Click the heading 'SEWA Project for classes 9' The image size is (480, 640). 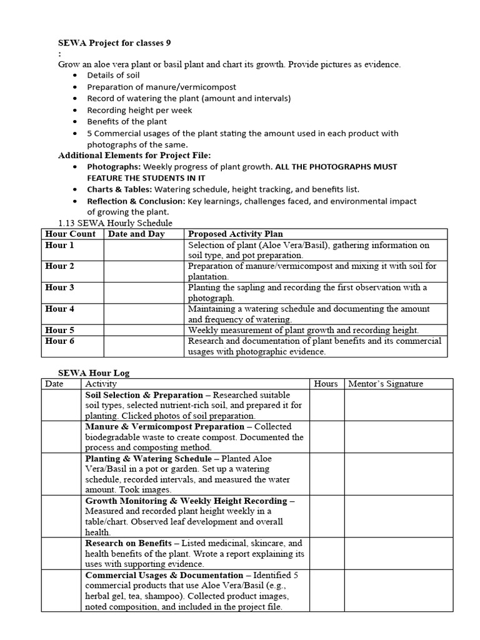point(114,43)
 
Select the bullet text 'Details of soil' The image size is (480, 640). point(113,76)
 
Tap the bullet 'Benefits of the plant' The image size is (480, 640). point(127,121)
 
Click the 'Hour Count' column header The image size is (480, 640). point(71,234)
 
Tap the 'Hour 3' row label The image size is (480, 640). point(60,287)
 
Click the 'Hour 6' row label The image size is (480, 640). point(60,341)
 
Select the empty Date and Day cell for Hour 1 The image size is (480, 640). point(144,250)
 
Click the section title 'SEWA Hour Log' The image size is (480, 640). point(94,373)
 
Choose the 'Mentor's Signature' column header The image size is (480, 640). point(386,384)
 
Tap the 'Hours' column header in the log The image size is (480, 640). point(326,384)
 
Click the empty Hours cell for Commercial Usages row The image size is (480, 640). point(326,590)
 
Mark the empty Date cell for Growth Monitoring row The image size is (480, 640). point(61,516)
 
